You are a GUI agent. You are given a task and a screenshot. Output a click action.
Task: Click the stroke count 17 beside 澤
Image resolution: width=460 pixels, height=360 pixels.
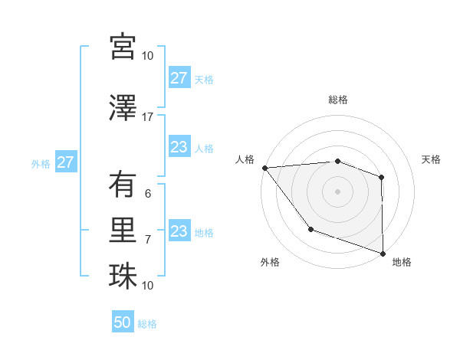148,116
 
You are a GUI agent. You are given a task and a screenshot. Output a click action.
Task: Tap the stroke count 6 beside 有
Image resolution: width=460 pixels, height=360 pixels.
148,193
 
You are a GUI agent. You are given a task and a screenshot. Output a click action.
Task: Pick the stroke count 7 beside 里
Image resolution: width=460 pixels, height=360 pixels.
148,239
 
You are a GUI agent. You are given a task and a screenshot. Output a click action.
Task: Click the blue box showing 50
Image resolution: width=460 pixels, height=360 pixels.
123,322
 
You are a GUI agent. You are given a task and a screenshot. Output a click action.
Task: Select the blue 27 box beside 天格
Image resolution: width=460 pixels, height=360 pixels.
179,78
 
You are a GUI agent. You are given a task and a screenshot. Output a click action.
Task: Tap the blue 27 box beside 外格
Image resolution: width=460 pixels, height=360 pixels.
65,162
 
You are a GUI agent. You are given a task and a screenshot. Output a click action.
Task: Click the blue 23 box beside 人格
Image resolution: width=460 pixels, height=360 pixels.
179,147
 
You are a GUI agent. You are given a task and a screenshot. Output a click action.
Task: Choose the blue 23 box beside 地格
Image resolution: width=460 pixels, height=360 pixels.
179,231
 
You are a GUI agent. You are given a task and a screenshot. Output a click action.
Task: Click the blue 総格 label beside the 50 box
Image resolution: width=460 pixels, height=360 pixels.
147,324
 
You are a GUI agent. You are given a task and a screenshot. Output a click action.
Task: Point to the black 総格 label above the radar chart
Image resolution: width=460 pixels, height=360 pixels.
337,100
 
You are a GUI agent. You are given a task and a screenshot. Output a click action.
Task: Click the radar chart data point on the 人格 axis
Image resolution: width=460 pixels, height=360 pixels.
264,167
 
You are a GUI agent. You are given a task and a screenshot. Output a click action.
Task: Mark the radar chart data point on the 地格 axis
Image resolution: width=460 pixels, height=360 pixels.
383,253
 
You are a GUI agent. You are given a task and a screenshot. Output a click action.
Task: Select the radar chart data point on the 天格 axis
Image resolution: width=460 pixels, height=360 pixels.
381,177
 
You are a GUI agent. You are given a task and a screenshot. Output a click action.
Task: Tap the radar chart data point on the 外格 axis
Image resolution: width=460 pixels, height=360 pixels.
310,228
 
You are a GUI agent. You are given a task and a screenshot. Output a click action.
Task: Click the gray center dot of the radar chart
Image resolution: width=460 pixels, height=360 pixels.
337,191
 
